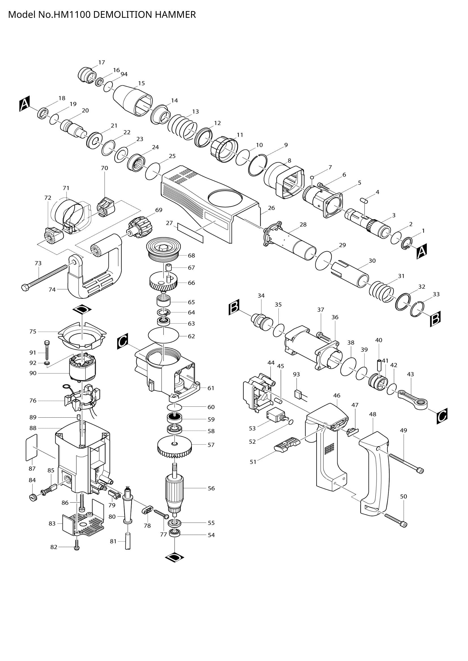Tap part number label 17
click(x=102, y=62)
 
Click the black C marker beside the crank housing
click(x=123, y=342)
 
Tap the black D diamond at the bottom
click(x=175, y=565)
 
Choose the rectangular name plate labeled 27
click(x=190, y=232)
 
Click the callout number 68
click(x=191, y=255)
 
